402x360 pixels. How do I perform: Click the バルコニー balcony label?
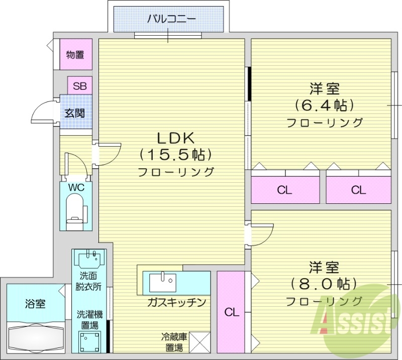click(171, 20)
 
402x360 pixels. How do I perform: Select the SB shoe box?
click(79, 86)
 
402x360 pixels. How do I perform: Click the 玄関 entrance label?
click(74, 113)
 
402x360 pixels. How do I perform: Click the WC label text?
click(76, 187)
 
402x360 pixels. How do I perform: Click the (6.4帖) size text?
click(324, 105)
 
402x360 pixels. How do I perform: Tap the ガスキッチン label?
click(176, 302)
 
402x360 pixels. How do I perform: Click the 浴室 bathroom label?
click(35, 304)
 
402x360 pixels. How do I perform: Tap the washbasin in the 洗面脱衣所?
click(91, 259)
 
